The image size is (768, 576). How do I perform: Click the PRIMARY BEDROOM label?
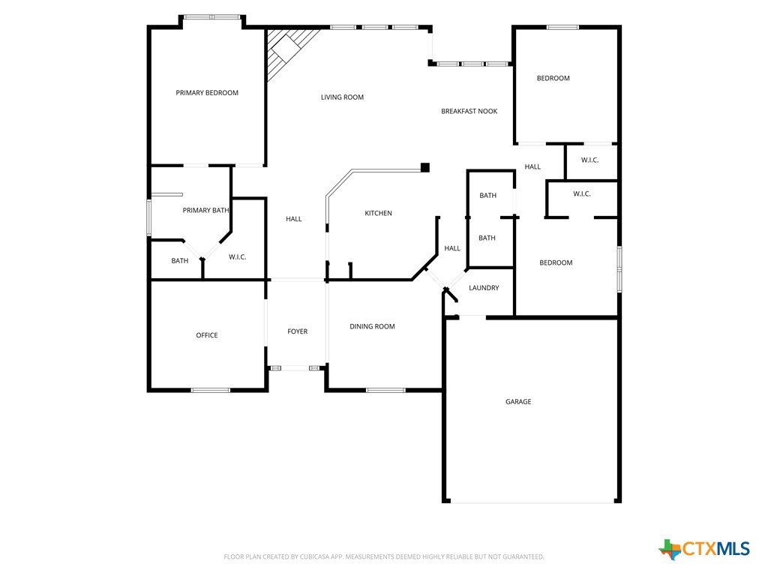pos(207,92)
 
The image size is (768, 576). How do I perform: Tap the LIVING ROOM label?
pos(342,97)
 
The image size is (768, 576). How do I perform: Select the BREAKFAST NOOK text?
pos(469,111)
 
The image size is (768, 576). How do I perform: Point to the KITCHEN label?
pos(378,213)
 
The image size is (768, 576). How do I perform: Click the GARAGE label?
pos(518,402)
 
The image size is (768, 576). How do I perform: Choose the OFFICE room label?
pos(207,335)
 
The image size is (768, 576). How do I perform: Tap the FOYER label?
pos(297,331)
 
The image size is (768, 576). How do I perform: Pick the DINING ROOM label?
pos(372,326)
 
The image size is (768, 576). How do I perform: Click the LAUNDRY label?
pos(484,287)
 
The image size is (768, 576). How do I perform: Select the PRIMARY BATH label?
pos(205,210)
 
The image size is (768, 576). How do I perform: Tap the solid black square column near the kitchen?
pos(425,167)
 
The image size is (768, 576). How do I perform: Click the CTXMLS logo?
pos(703,549)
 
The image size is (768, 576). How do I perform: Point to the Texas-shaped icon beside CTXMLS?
pos(670,550)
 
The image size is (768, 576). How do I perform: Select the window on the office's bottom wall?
pos(210,390)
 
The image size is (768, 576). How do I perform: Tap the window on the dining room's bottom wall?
pos(385,390)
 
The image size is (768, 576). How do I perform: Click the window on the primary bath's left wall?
pos(149,217)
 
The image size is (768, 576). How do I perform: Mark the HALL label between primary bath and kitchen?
pos(294,219)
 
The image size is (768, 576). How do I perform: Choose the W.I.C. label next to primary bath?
pos(238,257)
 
